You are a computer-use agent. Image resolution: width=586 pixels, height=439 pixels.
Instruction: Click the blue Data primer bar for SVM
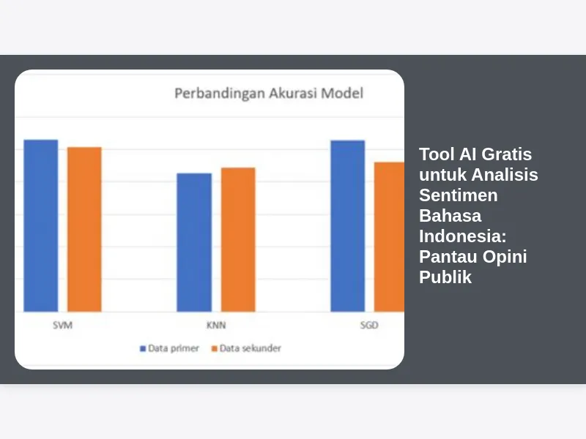click(41, 225)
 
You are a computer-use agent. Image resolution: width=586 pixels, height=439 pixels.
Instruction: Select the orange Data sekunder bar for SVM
click(84, 229)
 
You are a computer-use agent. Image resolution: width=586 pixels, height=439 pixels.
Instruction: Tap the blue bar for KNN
click(194, 242)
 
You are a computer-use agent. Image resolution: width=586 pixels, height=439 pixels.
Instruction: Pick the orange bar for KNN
click(238, 239)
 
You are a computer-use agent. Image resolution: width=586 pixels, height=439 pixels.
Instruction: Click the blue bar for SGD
click(347, 226)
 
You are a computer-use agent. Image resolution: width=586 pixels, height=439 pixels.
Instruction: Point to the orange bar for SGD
click(389, 236)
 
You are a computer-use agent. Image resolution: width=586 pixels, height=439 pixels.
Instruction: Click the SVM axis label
click(62, 325)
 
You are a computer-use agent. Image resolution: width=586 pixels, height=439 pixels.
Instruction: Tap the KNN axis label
click(216, 325)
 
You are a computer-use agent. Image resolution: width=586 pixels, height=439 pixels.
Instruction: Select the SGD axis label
click(369, 325)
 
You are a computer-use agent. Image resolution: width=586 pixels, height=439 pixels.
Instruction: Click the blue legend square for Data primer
click(142, 349)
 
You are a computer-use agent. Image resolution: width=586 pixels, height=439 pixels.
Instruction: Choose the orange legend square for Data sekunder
click(214, 349)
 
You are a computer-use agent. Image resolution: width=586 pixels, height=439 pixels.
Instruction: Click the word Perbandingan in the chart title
click(220, 94)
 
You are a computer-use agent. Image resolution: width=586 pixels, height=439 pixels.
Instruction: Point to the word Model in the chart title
click(342, 93)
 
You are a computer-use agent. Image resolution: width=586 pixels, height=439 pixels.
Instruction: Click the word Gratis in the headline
click(506, 154)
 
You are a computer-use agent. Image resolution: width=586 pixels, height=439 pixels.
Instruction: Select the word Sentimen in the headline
click(459, 195)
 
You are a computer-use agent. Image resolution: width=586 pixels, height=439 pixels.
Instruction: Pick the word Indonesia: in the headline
click(463, 236)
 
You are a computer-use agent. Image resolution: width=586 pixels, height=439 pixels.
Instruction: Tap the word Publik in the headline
click(445, 277)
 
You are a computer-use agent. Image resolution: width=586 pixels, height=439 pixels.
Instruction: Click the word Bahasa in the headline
click(450, 216)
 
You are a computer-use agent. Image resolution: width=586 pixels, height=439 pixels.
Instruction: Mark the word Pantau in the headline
click(448, 257)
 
